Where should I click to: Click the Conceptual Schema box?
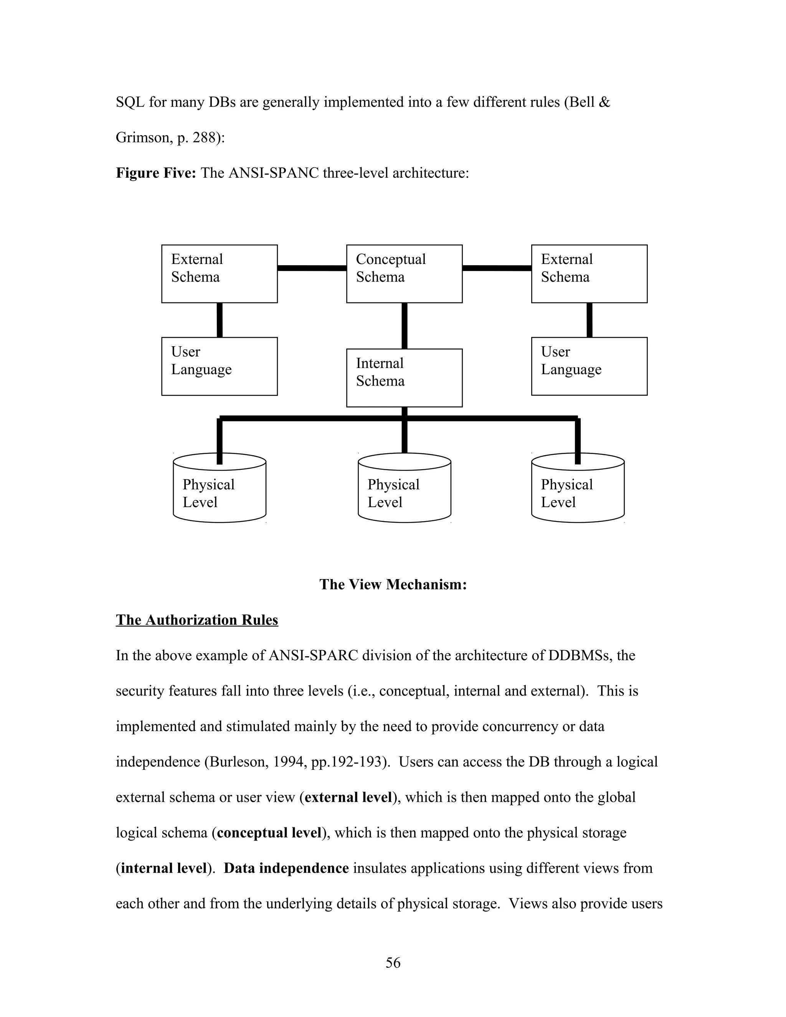404,274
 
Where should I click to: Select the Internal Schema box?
404,378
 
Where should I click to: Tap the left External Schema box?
219,274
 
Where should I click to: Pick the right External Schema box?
589,274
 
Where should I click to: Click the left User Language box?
219,367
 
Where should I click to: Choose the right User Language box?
589,367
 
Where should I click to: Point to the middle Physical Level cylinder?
404,491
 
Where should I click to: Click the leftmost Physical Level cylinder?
219,491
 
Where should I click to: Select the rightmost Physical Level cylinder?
577,491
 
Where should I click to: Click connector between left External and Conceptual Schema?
312,268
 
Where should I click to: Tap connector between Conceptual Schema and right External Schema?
497,268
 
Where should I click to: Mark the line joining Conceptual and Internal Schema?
404,325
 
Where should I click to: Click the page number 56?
393,963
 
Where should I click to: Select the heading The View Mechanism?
393,584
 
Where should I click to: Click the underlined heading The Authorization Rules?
197,620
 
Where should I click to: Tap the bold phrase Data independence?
286,868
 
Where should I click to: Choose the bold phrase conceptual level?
269,833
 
